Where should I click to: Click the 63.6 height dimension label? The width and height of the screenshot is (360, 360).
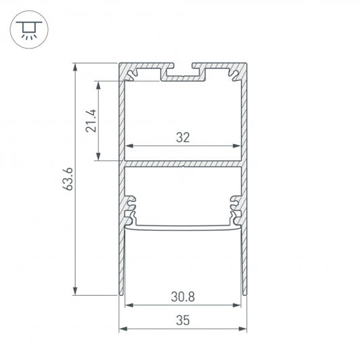click(68, 179)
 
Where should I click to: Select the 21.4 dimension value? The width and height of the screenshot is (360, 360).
click(91, 120)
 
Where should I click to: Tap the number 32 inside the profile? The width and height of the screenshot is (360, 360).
click(183, 137)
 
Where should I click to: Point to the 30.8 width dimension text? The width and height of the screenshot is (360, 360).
click(183, 296)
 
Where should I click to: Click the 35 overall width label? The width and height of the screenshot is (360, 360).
click(183, 320)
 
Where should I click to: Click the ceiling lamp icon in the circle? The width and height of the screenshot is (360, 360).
click(29, 30)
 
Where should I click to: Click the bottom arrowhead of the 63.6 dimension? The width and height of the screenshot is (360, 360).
click(75, 291)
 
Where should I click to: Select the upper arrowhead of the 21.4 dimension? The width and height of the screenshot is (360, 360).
click(98, 85)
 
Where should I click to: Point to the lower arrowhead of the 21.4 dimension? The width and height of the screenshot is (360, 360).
click(98, 156)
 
